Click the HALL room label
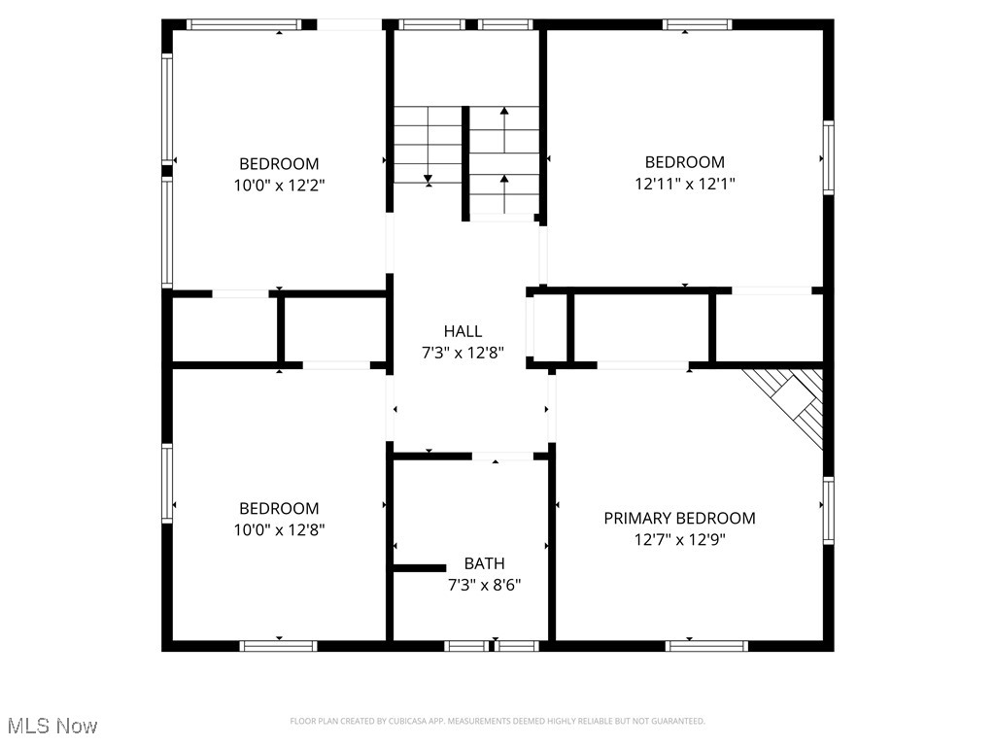[463, 331]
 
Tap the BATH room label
[484, 563]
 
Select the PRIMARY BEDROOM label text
[679, 519]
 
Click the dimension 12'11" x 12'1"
[684, 184]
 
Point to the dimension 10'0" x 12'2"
[279, 186]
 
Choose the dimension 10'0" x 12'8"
[279, 530]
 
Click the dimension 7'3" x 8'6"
[484, 585]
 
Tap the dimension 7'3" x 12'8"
[463, 353]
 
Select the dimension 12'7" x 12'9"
[679, 540]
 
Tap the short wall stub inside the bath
[418, 567]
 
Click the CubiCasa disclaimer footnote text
[497, 721]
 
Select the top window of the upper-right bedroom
[696, 24]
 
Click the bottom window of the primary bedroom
[706, 645]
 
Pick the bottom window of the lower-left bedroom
[279, 645]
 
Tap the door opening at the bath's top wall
[502, 456]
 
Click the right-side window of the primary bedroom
[828, 510]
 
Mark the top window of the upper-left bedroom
[244, 24]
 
